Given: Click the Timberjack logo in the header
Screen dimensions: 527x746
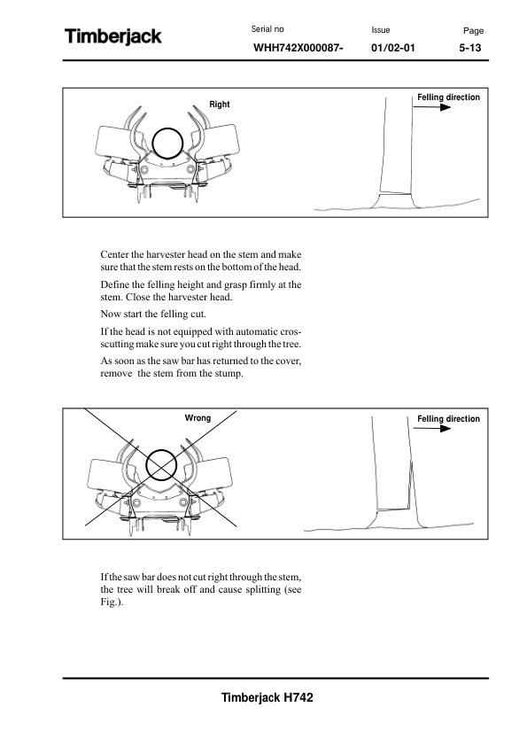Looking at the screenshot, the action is pyautogui.click(x=113, y=36).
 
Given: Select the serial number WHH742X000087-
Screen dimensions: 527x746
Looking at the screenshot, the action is pyautogui.click(x=298, y=48).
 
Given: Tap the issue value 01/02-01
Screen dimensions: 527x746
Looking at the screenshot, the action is pyautogui.click(x=393, y=48).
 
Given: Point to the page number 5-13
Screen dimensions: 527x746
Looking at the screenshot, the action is pyautogui.click(x=470, y=48).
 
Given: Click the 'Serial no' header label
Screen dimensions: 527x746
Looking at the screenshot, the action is pyautogui.click(x=267, y=29).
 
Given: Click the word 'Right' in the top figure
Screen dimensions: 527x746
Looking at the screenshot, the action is pyautogui.click(x=220, y=105).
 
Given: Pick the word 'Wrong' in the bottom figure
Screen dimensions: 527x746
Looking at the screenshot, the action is pyautogui.click(x=198, y=417).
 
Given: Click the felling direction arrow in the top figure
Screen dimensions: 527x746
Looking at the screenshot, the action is pyautogui.click(x=432, y=107).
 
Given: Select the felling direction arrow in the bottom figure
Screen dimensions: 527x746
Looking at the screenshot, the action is pyautogui.click(x=432, y=428).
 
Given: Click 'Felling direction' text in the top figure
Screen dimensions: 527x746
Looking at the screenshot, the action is pyautogui.click(x=448, y=97).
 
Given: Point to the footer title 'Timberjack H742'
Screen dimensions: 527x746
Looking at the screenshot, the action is pyautogui.click(x=267, y=697).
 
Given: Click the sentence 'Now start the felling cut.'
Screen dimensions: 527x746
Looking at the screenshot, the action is pyautogui.click(x=153, y=314).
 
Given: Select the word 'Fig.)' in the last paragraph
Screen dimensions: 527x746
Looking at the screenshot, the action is pyautogui.click(x=112, y=602).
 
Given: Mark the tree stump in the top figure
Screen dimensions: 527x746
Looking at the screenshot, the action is pyautogui.click(x=395, y=200).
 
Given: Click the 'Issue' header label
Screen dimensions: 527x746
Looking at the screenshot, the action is pyautogui.click(x=381, y=30).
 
